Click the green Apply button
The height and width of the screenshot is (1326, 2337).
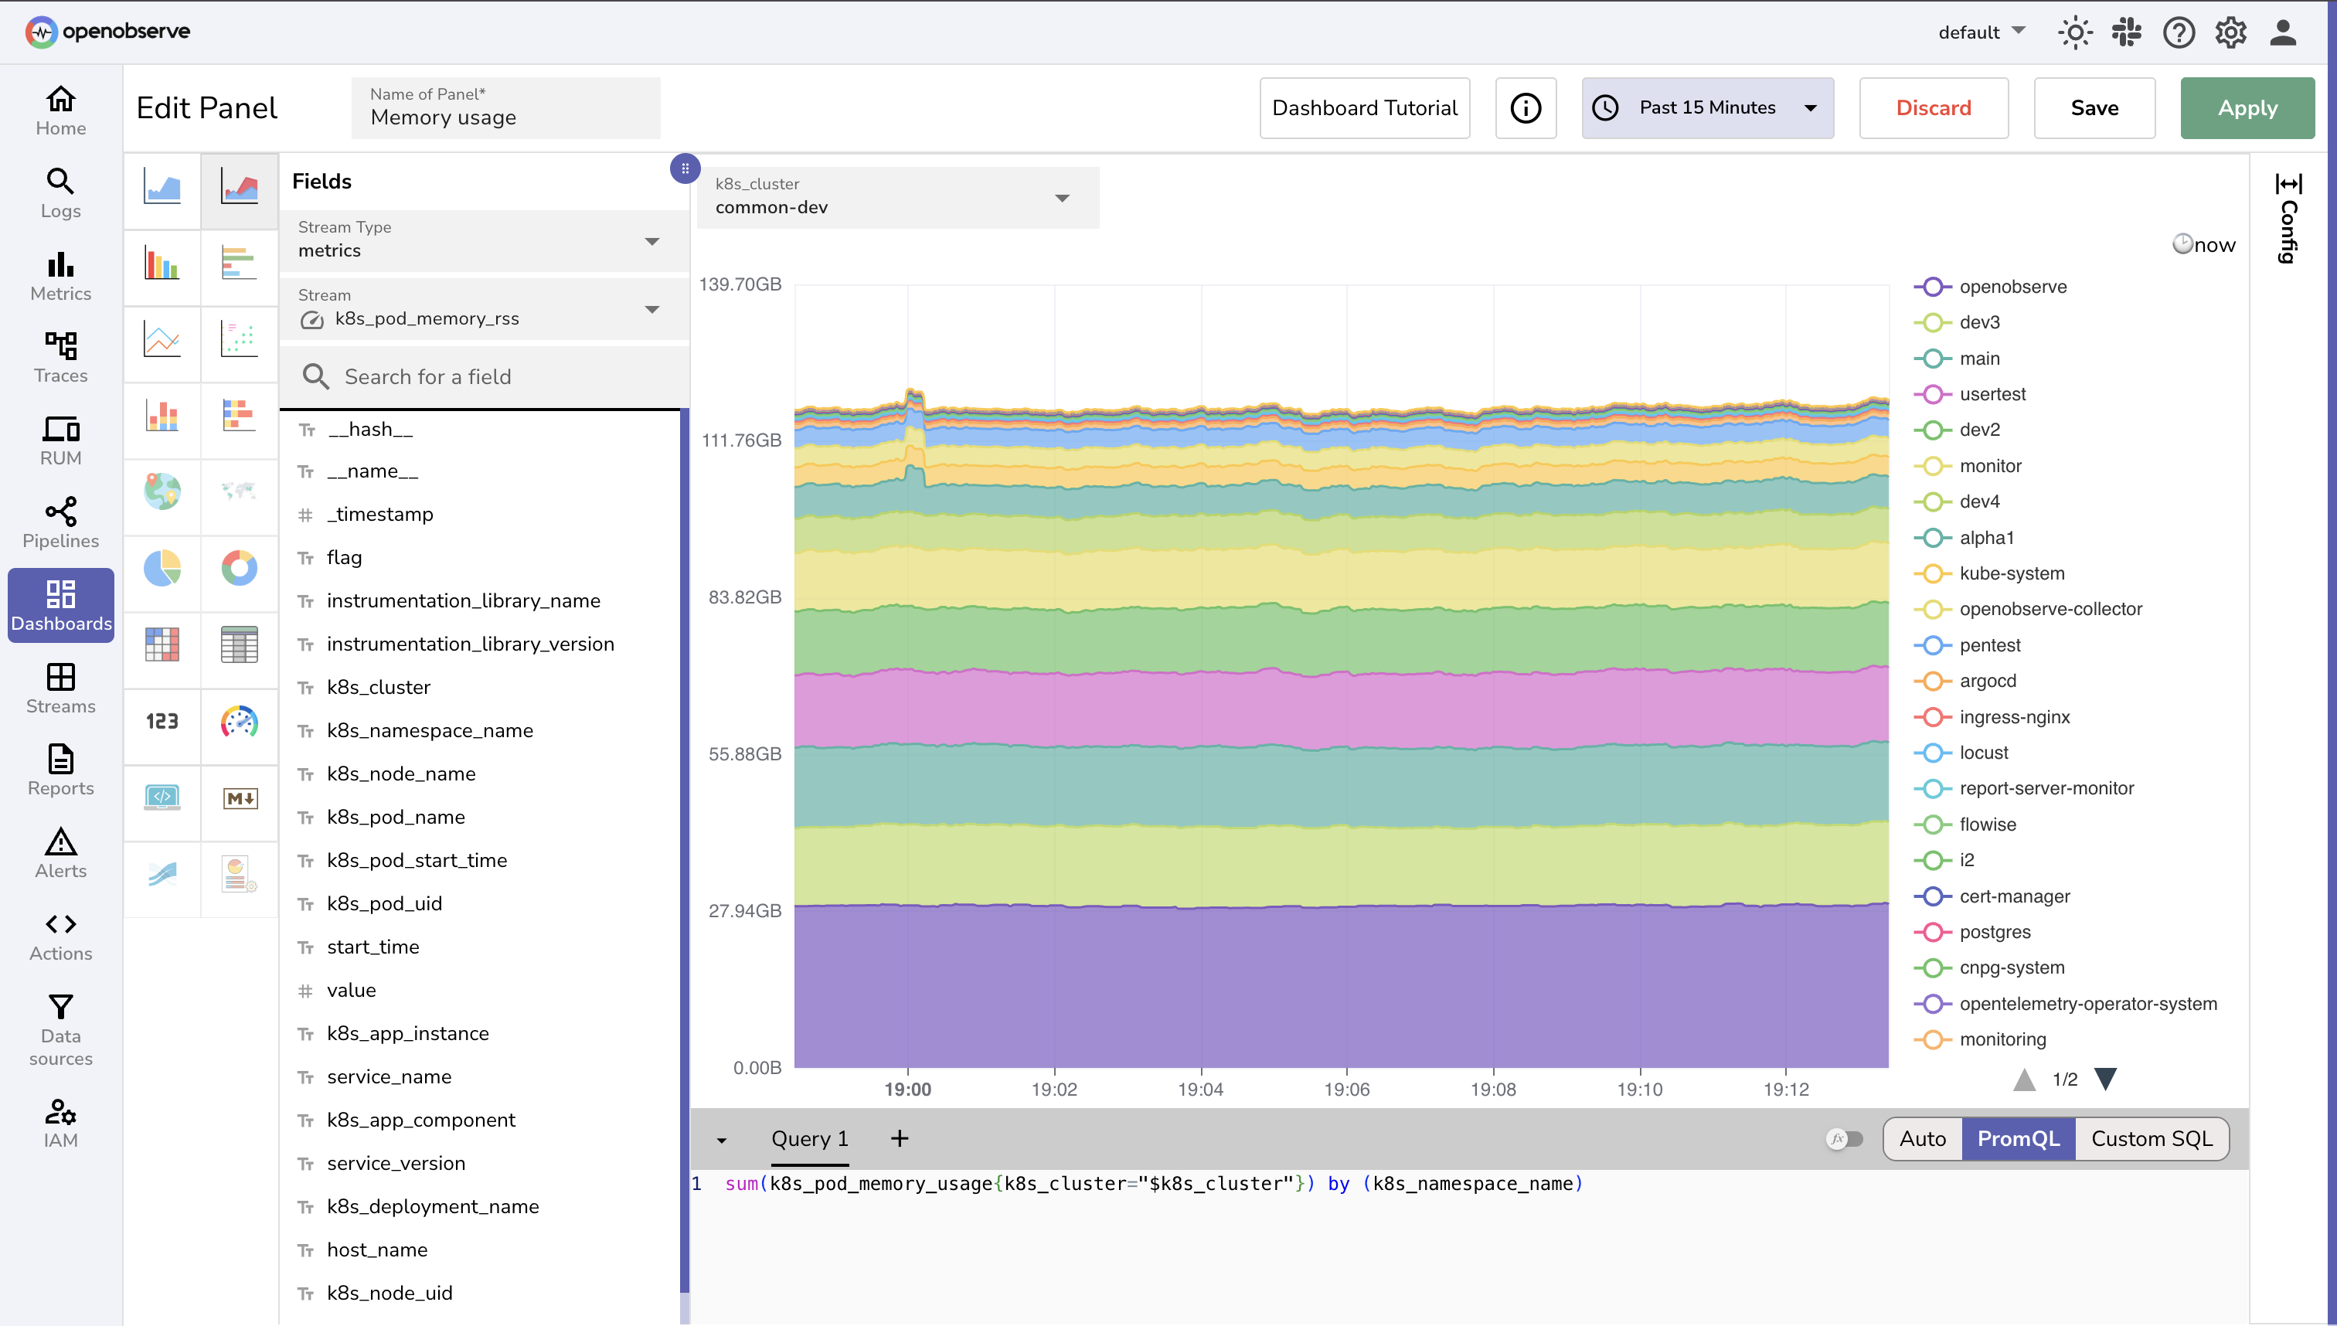click(2246, 107)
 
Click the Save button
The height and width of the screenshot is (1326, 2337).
click(2093, 107)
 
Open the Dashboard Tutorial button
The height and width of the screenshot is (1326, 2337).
click(1363, 107)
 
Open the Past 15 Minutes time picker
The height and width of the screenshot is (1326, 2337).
click(1706, 107)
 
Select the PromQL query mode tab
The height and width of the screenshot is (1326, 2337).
click(2017, 1138)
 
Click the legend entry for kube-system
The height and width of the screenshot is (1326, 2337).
click(2011, 573)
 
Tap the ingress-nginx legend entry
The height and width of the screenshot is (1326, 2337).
click(2014, 717)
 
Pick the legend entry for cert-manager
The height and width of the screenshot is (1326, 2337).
click(2014, 896)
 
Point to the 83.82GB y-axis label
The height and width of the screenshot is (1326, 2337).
click(744, 597)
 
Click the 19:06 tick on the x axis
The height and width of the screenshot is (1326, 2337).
click(1346, 1090)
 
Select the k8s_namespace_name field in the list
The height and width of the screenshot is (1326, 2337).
click(430, 730)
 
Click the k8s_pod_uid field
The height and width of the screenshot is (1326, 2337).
click(384, 903)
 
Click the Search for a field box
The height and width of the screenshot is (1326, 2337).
click(483, 377)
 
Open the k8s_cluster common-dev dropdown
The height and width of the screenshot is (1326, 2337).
click(897, 198)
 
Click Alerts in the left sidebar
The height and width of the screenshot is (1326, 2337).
click(60, 853)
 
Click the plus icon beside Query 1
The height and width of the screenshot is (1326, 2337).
click(899, 1138)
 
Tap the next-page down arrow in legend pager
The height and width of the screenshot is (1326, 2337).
click(2104, 1079)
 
